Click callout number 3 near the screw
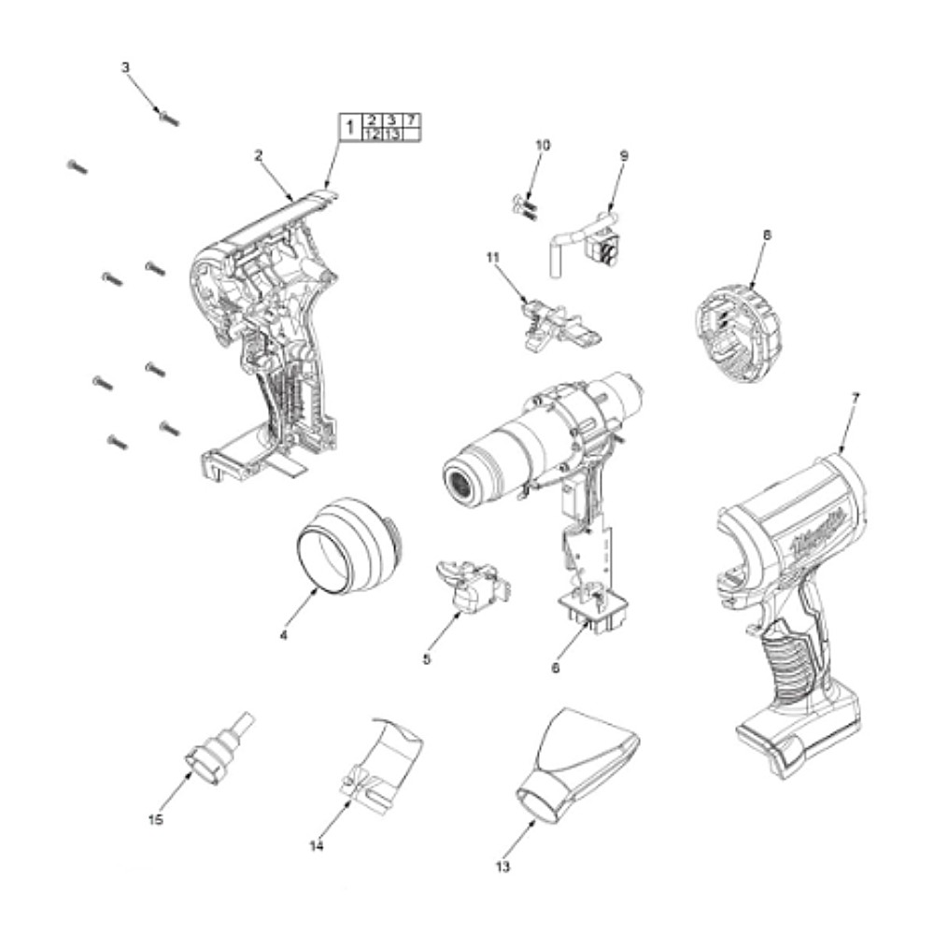click(126, 67)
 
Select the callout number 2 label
click(258, 156)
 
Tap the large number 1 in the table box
click(348, 127)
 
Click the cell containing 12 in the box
click(372, 134)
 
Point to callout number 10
click(543, 145)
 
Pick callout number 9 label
click(624, 155)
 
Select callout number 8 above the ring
click(767, 236)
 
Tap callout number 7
click(856, 397)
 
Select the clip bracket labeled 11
click(551, 321)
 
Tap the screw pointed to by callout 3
click(169, 118)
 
